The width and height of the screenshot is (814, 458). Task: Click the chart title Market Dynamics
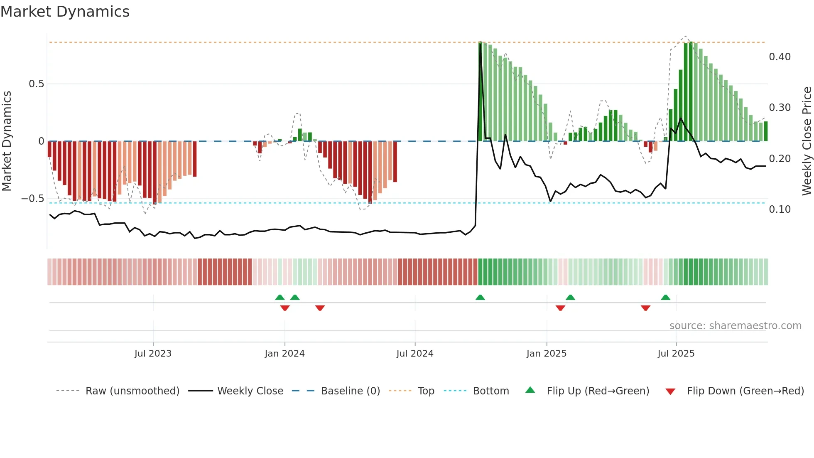click(x=65, y=12)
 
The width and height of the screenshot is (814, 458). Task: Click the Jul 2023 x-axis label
click(x=153, y=354)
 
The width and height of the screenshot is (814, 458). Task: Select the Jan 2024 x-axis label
click(x=284, y=354)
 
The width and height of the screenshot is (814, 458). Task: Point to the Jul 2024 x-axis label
click(x=415, y=354)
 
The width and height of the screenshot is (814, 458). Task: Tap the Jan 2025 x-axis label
click(x=546, y=354)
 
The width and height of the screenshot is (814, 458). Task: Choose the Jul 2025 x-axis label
click(x=676, y=354)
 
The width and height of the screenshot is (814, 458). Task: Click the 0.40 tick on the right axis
click(x=780, y=57)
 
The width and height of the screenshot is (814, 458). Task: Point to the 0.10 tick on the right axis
click(x=780, y=209)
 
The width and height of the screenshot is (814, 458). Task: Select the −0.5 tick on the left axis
click(x=32, y=199)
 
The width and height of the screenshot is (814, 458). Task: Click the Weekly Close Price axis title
click(x=807, y=141)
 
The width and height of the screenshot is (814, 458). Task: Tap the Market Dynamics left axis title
click(x=7, y=141)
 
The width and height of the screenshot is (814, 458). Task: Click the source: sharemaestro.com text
click(x=735, y=326)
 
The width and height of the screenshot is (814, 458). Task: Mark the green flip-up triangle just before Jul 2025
click(x=665, y=298)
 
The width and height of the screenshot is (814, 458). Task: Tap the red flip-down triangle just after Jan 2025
click(x=560, y=308)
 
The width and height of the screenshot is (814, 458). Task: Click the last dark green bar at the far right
click(x=766, y=131)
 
